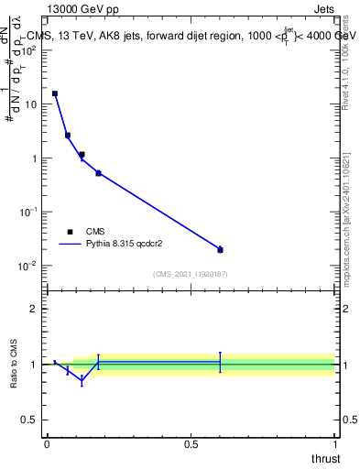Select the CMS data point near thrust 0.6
220,250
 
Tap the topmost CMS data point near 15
55,93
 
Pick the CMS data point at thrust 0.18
98,173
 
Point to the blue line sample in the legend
70,245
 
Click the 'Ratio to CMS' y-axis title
15,364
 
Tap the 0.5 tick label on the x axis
191,444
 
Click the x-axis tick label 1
335,444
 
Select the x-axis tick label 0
47,444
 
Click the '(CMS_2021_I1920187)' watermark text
191,274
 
